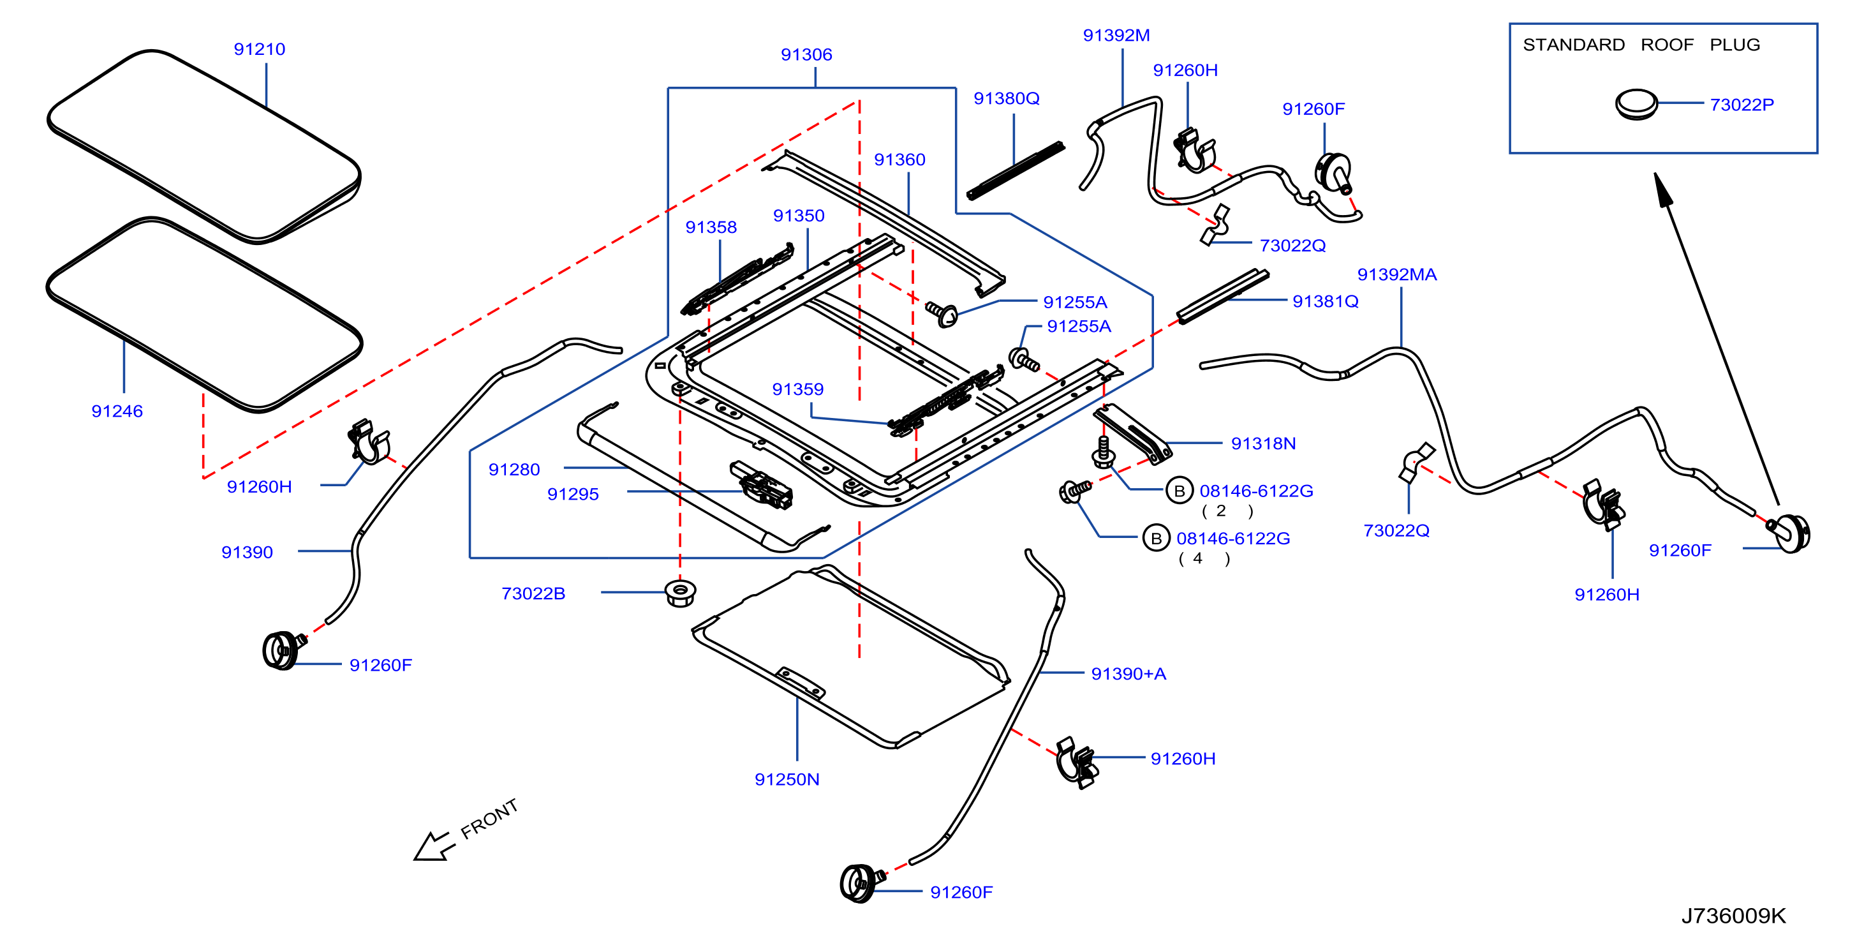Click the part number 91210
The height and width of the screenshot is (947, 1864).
coord(259,49)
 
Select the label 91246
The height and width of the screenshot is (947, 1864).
coord(117,411)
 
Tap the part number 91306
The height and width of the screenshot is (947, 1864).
coord(806,54)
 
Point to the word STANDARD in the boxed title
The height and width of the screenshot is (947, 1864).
coord(1573,45)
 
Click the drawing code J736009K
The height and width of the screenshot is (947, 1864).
coord(1733,916)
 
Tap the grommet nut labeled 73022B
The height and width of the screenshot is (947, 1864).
coord(680,593)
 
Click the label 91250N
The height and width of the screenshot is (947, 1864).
coord(787,779)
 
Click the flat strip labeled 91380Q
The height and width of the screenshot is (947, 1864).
coord(1015,170)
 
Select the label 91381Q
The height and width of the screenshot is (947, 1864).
coord(1325,301)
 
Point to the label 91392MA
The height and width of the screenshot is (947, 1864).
coord(1396,274)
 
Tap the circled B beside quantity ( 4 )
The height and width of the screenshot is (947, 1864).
coord(1156,539)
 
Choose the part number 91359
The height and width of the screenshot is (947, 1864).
coord(797,389)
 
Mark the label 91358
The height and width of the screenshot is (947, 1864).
coord(711,227)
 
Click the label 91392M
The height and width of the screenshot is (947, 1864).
coord(1116,34)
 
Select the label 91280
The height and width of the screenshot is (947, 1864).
coord(514,469)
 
